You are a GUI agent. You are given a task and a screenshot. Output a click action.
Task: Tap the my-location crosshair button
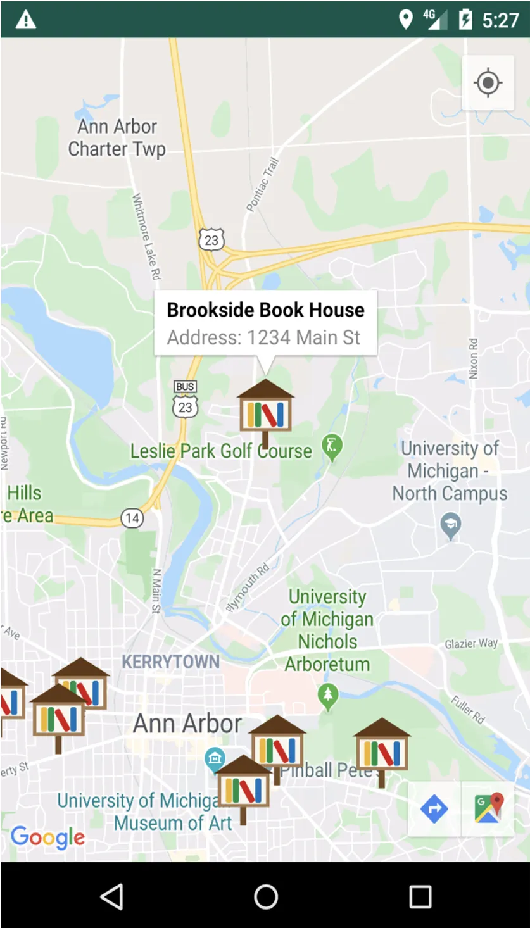pos(488,83)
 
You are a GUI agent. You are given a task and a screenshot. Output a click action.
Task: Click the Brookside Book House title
pos(265,310)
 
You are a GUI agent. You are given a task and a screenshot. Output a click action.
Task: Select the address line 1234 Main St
pos(263,337)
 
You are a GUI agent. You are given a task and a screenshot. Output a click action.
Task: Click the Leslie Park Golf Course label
pos(221,451)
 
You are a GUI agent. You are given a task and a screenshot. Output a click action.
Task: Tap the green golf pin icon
pos(332,447)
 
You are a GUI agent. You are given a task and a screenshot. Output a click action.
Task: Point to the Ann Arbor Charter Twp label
pos(117,138)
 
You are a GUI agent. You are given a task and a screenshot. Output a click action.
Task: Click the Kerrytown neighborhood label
pos(170,662)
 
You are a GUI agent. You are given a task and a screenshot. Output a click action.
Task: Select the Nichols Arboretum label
pos(327,630)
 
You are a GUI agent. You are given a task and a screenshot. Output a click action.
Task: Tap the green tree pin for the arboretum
pos(327,696)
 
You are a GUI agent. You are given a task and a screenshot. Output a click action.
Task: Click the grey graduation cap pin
pos(450,525)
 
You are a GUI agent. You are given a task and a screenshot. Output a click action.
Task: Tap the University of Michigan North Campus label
pos(450,471)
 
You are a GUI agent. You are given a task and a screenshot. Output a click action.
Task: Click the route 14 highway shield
pos(132,518)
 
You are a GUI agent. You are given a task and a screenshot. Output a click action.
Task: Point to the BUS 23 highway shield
pos(185,399)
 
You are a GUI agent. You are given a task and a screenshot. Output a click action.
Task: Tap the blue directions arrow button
pos(434,809)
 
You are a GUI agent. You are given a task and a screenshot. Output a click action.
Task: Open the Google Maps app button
pos(488,809)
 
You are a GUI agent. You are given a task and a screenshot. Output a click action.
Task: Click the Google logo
pos(47,837)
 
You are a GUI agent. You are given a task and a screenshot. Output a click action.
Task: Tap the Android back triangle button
pos(111,896)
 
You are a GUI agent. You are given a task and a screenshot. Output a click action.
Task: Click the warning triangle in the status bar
pos(25,20)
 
